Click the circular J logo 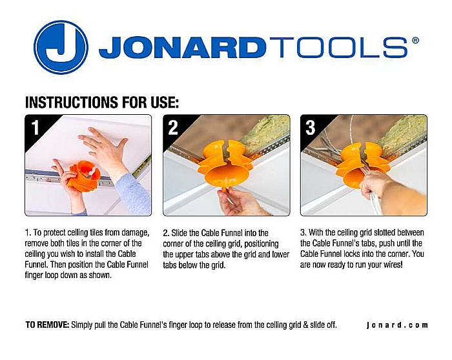pos(61,47)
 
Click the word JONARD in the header pos(183,48)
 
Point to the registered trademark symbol pos(415,40)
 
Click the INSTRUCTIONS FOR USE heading pos(102,102)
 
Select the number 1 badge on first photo pos(35,127)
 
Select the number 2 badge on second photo pos(173,128)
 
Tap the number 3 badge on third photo pos(311,128)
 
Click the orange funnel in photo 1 pos(84,176)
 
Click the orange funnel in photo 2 pos(225,165)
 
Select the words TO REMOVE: pos(47,325)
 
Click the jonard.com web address pos(397,325)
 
